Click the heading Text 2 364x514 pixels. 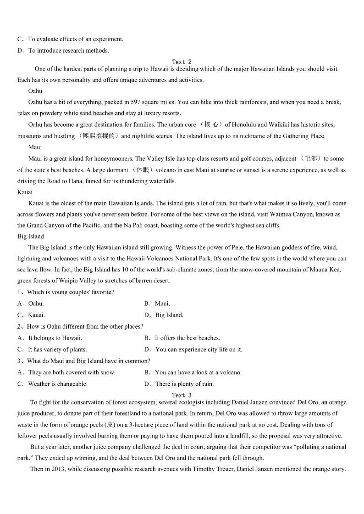pyautogui.click(x=182, y=62)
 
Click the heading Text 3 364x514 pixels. pyautogui.click(x=182, y=395)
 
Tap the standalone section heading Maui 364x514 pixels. pyautogui.click(x=35, y=147)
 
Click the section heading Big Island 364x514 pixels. pyautogui.click(x=31, y=236)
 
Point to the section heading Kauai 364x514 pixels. pyautogui.click(x=25, y=192)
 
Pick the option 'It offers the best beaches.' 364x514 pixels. pyautogui.click(x=187, y=338)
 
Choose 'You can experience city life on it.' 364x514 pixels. pyautogui.click(x=199, y=349)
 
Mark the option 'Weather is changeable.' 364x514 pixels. pyautogui.click(x=58, y=384)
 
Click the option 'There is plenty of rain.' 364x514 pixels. pyautogui.click(x=184, y=384)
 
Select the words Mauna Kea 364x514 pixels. pyautogui.click(x=327, y=270)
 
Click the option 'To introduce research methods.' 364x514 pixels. pyautogui.click(x=69, y=50)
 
